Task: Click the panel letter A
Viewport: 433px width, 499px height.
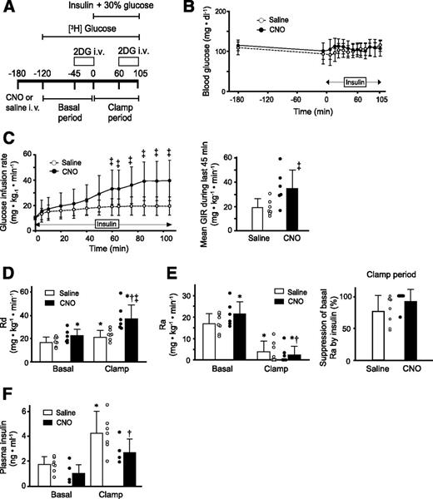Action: (x=8, y=8)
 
